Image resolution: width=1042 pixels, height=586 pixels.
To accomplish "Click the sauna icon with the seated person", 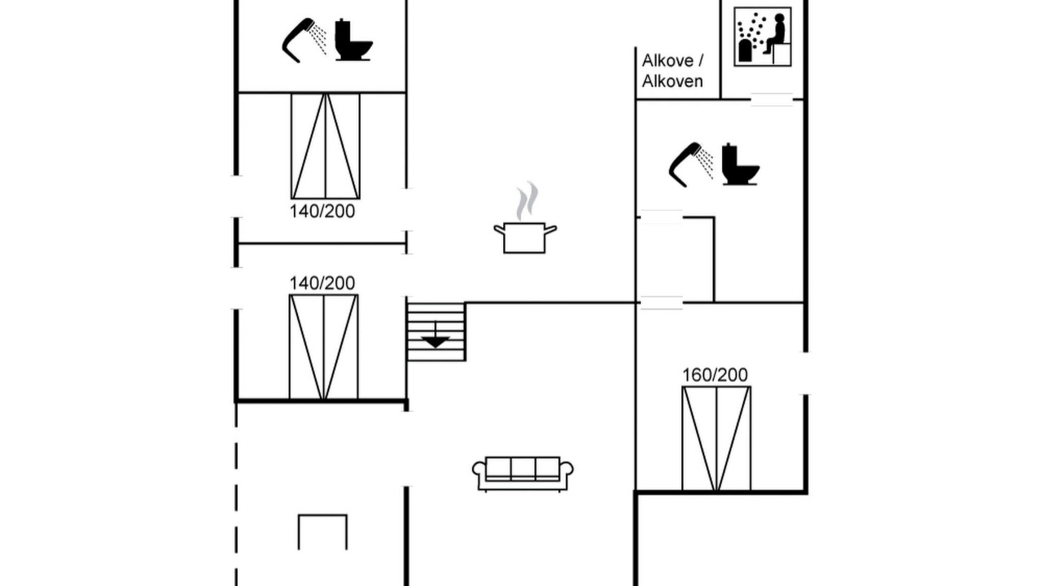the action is click(763, 37).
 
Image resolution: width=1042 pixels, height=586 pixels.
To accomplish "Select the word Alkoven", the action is click(672, 81).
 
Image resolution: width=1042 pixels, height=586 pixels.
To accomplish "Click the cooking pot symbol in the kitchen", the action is click(525, 237).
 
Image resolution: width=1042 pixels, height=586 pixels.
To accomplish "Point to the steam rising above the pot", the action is click(527, 201).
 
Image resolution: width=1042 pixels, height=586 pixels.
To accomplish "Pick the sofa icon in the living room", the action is click(523, 474).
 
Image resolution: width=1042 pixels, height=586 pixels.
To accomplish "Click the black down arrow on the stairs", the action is click(436, 339).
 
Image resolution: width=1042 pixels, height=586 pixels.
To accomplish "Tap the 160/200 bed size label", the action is click(715, 375).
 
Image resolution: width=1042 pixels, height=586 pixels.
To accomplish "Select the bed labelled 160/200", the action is click(716, 439).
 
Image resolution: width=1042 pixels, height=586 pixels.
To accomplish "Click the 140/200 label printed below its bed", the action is click(322, 211).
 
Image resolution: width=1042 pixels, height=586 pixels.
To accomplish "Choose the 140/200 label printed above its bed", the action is click(322, 282).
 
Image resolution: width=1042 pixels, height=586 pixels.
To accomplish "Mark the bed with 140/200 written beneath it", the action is click(326, 146).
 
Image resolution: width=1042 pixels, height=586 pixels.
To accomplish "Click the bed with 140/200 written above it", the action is click(324, 347).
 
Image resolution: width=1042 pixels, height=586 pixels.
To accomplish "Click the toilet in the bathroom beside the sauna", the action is click(741, 164).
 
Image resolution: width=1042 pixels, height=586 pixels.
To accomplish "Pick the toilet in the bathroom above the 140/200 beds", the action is click(353, 40).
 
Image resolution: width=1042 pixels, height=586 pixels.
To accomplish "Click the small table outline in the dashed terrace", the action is click(323, 531).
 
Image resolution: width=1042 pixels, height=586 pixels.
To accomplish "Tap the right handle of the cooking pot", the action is click(551, 230).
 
